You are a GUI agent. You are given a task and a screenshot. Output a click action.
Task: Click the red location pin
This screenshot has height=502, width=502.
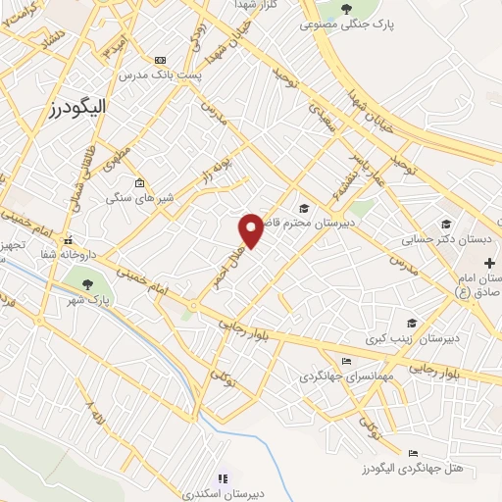pos(252,229)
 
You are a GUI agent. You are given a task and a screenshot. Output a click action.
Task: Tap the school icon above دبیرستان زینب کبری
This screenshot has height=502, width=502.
pos(412,323)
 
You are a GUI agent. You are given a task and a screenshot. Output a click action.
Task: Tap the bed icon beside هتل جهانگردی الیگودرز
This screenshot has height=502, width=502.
pos(413,453)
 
